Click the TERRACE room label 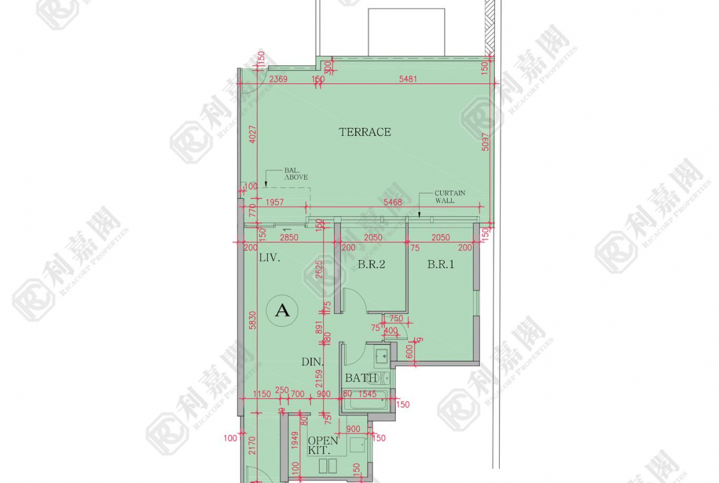point(364,132)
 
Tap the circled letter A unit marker point(282,311)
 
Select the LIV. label point(269,258)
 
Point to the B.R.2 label point(371,265)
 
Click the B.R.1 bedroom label point(441,265)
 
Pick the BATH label point(361,378)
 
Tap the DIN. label point(313,363)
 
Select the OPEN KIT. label point(323,445)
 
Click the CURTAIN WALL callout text point(450,196)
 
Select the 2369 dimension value point(278,79)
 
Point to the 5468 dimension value point(393,202)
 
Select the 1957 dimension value point(275,202)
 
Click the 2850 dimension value point(289,238)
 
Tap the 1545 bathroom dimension point(367,394)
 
